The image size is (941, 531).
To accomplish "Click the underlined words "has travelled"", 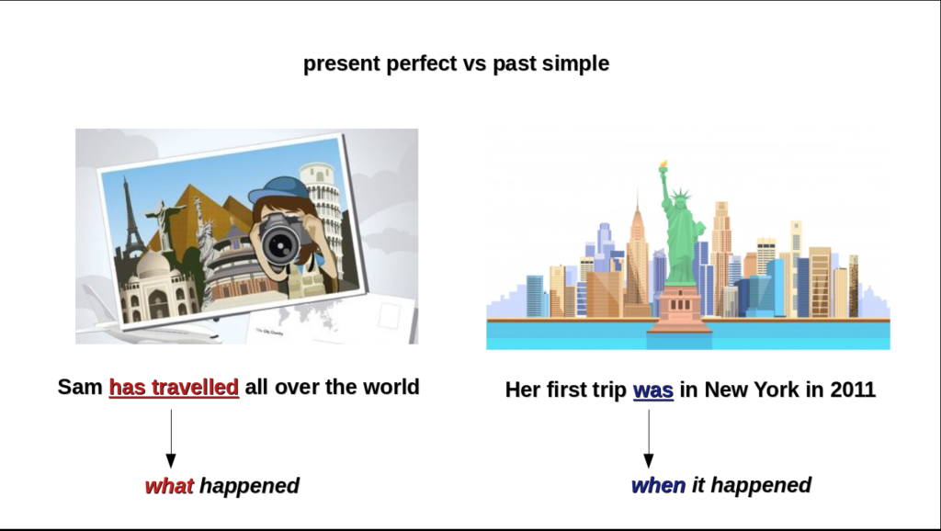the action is coord(174,387).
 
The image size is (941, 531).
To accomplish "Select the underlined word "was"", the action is coord(653,390).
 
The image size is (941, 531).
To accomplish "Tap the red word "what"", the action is coord(169,485).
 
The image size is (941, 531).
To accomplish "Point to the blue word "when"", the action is coord(658,485).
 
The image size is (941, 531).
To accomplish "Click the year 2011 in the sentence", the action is coord(853,390).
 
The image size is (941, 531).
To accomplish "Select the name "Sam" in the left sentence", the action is coord(80,387).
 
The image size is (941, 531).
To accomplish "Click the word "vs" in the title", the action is coord(474,63).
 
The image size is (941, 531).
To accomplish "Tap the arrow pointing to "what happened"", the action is coord(171,438).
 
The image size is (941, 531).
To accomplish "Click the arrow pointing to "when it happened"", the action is coord(648,438).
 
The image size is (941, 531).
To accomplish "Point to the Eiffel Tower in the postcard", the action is coord(132,216).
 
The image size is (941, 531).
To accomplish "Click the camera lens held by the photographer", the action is coord(280,244).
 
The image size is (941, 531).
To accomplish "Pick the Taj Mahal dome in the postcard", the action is coord(153,265).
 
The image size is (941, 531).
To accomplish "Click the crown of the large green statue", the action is coord(681,195).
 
